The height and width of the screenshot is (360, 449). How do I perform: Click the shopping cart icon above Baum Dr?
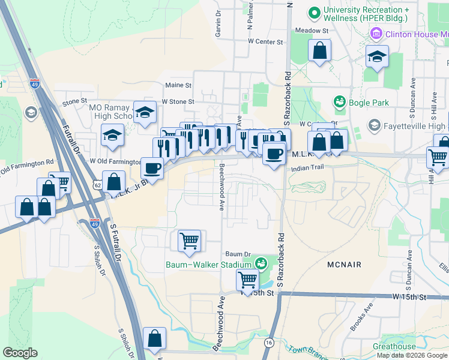189,241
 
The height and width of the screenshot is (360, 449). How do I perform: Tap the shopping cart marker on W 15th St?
247,279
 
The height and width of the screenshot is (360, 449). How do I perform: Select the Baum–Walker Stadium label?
208,264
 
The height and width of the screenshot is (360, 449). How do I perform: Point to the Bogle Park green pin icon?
339,102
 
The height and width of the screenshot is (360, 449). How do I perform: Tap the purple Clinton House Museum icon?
376,34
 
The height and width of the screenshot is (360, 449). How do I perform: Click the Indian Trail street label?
307,169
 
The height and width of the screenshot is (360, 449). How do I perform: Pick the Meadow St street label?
311,30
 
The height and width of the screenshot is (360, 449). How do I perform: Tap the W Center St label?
265,42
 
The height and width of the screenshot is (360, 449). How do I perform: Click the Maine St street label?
178,86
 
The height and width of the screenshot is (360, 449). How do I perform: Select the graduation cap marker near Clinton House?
376,58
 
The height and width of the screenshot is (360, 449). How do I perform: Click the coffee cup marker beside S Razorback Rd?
274,153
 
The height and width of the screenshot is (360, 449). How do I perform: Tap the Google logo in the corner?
20,353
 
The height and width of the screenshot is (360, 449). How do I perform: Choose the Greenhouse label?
394,347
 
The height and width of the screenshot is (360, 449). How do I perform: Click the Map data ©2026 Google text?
412,355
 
